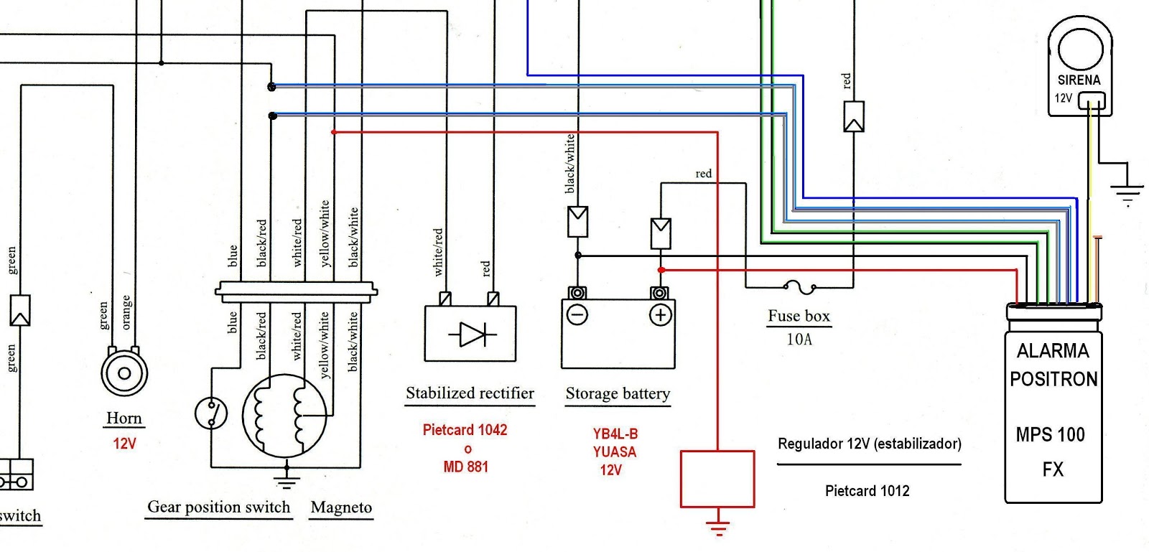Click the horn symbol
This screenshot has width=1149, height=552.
pyautogui.click(x=124, y=373)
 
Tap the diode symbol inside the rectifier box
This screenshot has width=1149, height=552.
pyautogui.click(x=472, y=335)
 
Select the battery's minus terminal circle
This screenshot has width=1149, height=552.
pyautogui.click(x=577, y=314)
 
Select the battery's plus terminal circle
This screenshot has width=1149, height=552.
pyautogui.click(x=660, y=314)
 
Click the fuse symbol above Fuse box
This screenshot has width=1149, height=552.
pyautogui.click(x=799, y=287)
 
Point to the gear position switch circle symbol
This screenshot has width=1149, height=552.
pyautogui.click(x=211, y=413)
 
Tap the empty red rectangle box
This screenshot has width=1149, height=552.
pyautogui.click(x=717, y=479)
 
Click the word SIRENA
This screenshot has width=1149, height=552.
pyautogui.click(x=1079, y=80)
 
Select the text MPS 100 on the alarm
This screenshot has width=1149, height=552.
pyautogui.click(x=1050, y=435)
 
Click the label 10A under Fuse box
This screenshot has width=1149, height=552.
pyautogui.click(x=799, y=340)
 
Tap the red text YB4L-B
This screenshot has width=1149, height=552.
pyautogui.click(x=615, y=434)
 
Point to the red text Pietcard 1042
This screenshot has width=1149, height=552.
pyautogui.click(x=465, y=430)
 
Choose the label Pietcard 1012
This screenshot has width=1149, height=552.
pyautogui.click(x=867, y=491)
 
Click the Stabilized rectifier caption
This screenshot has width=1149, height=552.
pyautogui.click(x=470, y=393)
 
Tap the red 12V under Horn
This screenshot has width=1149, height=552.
pyautogui.click(x=124, y=444)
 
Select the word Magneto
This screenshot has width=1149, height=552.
pyautogui.click(x=341, y=507)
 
